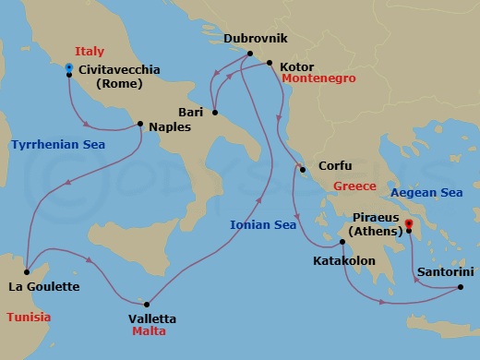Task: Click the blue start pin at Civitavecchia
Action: tap(69, 69)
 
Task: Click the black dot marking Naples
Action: tap(139, 124)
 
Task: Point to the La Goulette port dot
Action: tap(27, 271)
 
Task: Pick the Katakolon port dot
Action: tap(342, 243)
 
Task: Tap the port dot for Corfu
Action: tap(301, 168)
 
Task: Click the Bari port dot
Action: tap(214, 114)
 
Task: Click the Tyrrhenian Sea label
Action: tap(57, 145)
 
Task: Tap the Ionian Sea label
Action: tap(262, 223)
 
